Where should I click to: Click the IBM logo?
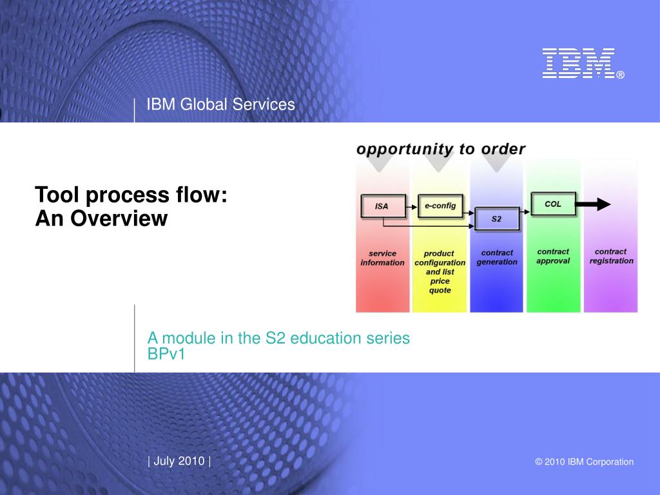point(583,63)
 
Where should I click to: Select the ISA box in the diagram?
point(383,206)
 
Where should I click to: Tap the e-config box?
point(440,206)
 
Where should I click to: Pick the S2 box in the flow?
point(497,219)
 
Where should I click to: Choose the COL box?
point(554,204)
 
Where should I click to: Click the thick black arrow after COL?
point(593,204)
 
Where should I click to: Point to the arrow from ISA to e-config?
point(412,207)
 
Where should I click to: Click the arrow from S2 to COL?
point(525,211)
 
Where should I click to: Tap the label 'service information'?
point(382,258)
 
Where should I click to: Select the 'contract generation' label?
point(497,257)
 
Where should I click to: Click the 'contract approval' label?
point(553,256)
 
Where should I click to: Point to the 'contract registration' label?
point(611,256)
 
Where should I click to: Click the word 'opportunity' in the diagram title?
point(405,149)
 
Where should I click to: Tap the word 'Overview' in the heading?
point(119,218)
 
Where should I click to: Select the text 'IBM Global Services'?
point(220,104)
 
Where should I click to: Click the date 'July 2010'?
point(179,461)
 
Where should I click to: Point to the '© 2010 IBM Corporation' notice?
point(584,461)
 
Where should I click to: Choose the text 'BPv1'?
point(166,354)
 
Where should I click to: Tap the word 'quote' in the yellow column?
point(440,290)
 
